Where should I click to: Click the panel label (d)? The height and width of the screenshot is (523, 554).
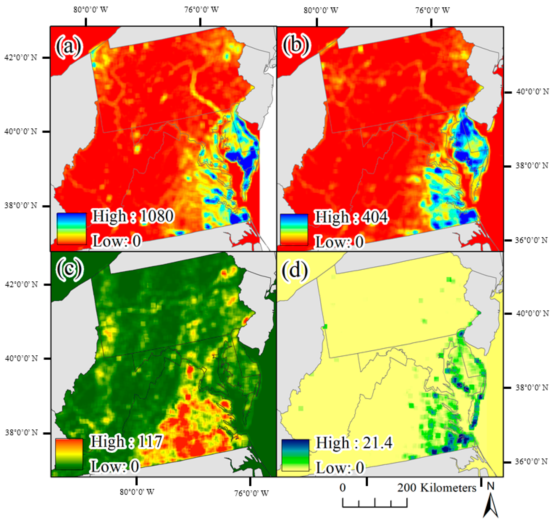tap(294, 269)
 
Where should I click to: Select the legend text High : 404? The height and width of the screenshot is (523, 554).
tap(351, 217)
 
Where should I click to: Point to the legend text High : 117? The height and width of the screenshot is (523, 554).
tap(126, 442)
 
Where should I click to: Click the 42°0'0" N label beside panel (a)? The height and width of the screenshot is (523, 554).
tap(20, 58)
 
